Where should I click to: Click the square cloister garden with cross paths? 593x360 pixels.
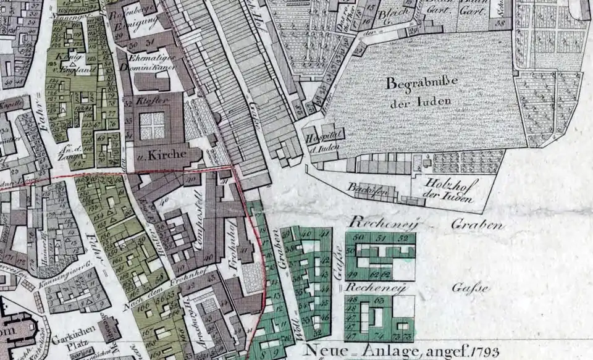coord(152,125)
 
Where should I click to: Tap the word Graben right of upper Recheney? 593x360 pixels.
coord(477,224)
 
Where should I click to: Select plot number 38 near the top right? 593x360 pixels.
coord(499,22)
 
